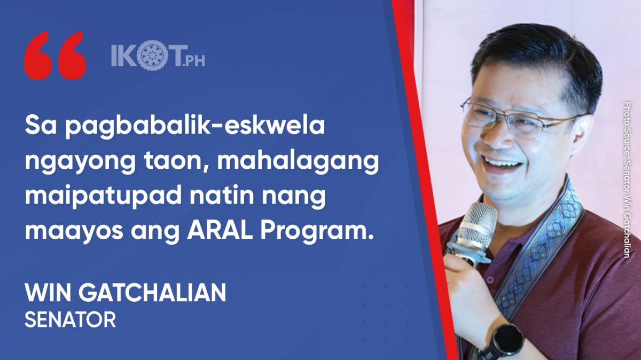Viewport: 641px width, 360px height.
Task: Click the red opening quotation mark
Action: pyautogui.click(x=54, y=55)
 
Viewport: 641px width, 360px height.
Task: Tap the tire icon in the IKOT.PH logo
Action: pyautogui.click(x=150, y=55)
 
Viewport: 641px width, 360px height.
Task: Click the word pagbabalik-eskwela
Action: pyautogui.click(x=195, y=127)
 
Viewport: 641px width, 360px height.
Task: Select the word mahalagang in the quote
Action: pyautogui.click(x=298, y=161)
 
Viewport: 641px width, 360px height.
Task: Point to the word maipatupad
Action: pyautogui.click(x=103, y=197)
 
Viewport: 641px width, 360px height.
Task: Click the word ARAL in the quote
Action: pyautogui.click(x=220, y=231)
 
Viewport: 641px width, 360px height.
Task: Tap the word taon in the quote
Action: pyautogui.click(x=175, y=162)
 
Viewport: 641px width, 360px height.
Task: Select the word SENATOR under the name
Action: pyautogui.click(x=71, y=319)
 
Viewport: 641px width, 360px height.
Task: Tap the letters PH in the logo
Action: pyautogui.click(x=196, y=61)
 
